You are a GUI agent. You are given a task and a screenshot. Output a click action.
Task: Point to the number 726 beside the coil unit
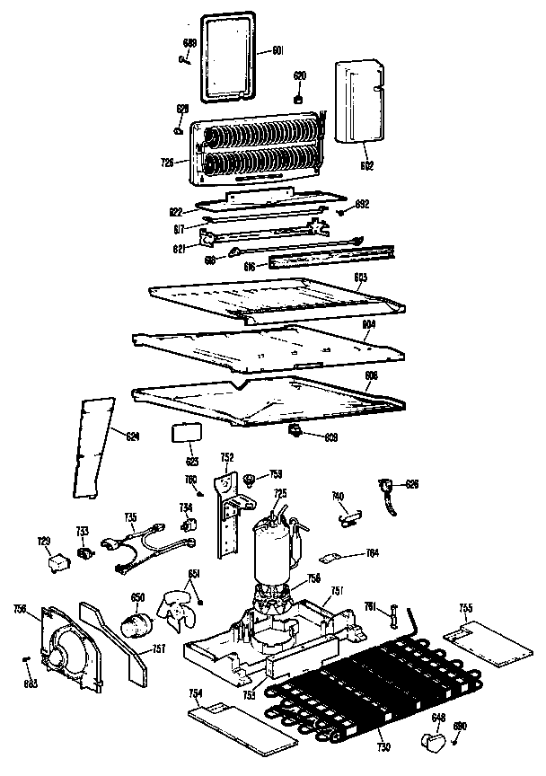click(166, 163)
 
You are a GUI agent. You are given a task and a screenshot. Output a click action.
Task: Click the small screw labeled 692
click(343, 212)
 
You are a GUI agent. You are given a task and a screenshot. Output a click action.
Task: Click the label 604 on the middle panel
click(367, 324)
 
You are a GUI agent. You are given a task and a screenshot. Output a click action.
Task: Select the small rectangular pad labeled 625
click(185, 432)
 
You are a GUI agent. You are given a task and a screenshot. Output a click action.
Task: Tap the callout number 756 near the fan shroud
click(19, 610)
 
